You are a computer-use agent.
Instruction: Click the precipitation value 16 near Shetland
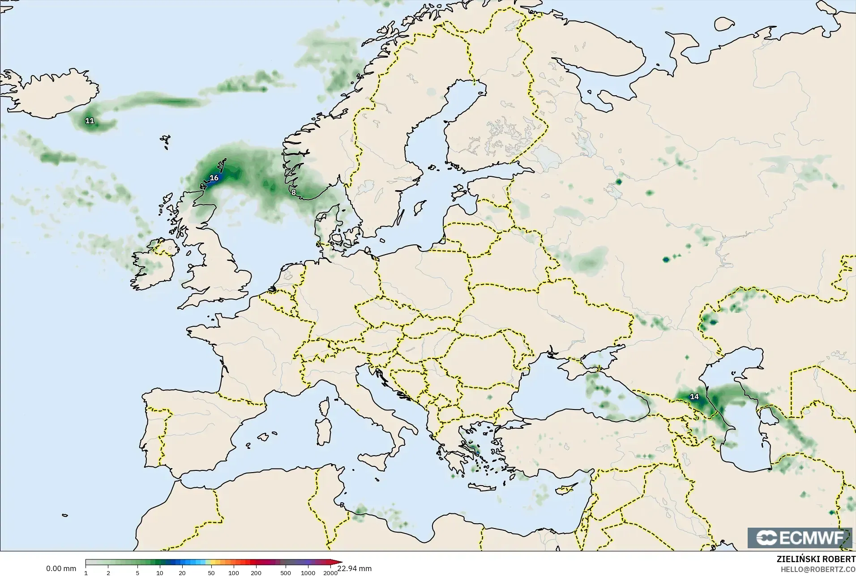tap(214, 178)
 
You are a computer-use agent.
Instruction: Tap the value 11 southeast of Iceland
tap(90, 121)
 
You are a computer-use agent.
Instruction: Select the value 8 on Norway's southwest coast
tap(293, 192)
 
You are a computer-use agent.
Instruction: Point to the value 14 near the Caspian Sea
tap(694, 397)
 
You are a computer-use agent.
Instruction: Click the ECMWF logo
tap(800, 538)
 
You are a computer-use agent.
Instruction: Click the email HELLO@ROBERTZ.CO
tap(818, 569)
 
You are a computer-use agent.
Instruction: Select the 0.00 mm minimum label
tap(61, 569)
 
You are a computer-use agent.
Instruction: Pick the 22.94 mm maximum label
tap(355, 568)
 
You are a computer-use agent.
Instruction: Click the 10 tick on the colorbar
tap(160, 572)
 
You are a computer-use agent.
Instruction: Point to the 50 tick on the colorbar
tap(211, 572)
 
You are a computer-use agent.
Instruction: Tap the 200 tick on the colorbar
tap(256, 572)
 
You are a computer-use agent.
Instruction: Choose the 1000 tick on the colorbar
tap(308, 572)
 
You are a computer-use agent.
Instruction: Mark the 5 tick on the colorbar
tap(137, 572)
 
